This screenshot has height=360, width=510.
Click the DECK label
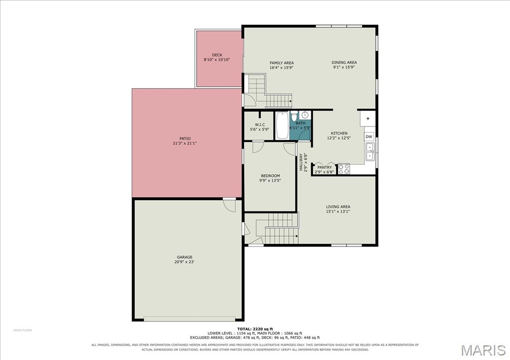(x=217, y=55)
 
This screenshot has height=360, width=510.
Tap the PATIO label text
(x=185, y=138)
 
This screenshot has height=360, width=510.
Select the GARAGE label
(x=184, y=257)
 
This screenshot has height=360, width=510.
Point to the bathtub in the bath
(x=282, y=125)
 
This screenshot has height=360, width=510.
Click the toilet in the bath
(x=294, y=116)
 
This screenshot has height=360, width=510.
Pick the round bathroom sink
(x=305, y=115)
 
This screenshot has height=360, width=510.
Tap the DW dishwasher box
(x=369, y=136)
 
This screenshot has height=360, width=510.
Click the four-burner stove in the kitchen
(x=344, y=169)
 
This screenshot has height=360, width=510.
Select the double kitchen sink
(x=370, y=152)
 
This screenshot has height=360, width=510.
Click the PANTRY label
(x=324, y=167)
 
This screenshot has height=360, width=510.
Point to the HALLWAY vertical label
(x=301, y=162)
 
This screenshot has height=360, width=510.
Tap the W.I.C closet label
(x=260, y=125)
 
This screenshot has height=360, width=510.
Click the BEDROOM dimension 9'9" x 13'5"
(x=270, y=180)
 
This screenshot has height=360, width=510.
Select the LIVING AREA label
(x=338, y=207)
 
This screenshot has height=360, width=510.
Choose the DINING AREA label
(x=344, y=62)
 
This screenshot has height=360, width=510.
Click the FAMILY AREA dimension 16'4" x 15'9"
(x=282, y=68)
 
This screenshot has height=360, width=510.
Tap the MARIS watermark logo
(x=483, y=350)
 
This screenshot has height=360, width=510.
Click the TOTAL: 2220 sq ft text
(x=255, y=329)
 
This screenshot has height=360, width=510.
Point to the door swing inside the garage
(x=229, y=206)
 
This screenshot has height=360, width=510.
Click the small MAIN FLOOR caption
(x=22, y=331)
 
